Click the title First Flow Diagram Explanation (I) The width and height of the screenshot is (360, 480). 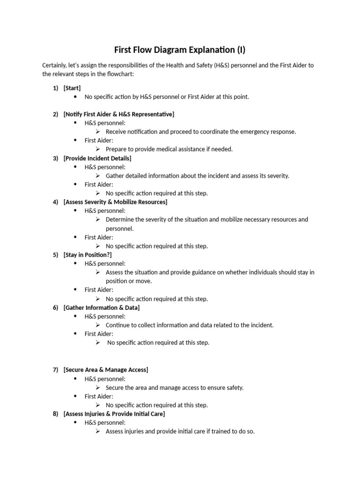[180, 50]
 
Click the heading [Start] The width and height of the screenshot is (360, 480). [72, 88]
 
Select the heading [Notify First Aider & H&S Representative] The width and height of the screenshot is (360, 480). [119, 114]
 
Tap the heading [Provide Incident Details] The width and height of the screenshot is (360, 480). [97, 158]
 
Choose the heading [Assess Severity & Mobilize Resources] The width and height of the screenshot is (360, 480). [115, 202]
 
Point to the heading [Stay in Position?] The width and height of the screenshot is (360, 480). [88, 255]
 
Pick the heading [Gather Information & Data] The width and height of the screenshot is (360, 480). [101, 307]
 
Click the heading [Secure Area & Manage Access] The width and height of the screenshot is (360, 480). [105, 370]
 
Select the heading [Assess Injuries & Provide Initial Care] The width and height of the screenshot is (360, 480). [114, 414]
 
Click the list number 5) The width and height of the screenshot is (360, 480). [55, 255]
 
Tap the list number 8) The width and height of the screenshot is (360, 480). [55, 414]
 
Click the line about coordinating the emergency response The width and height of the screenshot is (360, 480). [201, 132]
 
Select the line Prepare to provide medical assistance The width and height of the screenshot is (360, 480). [169, 149]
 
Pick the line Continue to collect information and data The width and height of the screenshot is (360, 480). [189, 325]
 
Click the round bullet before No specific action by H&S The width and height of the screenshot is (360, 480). [76, 97]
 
